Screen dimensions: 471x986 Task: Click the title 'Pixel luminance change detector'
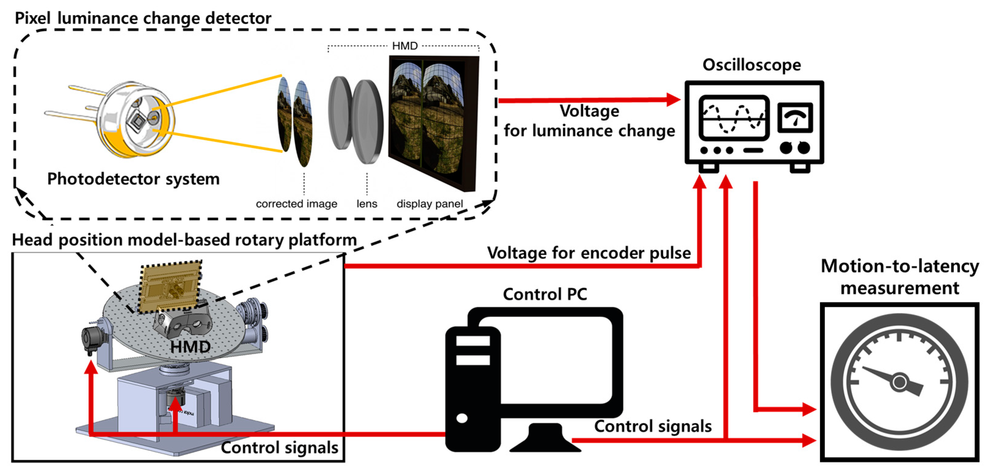[x=143, y=18]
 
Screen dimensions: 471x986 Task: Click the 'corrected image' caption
[x=296, y=204]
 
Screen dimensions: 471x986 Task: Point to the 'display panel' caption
[x=429, y=204]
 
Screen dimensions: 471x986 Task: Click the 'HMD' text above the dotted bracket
[x=405, y=46]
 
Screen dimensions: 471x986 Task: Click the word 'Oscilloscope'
[x=751, y=65]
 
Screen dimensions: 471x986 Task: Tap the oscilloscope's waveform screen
[x=734, y=118]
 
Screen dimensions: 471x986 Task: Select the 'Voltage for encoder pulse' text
[x=589, y=253]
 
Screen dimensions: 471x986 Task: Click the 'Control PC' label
[x=545, y=294]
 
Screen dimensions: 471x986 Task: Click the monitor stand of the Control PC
[x=545, y=439]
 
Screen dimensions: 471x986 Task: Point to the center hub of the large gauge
[x=900, y=382]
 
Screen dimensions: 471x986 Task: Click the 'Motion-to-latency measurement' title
[x=900, y=277]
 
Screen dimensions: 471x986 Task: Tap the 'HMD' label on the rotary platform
[x=190, y=347]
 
